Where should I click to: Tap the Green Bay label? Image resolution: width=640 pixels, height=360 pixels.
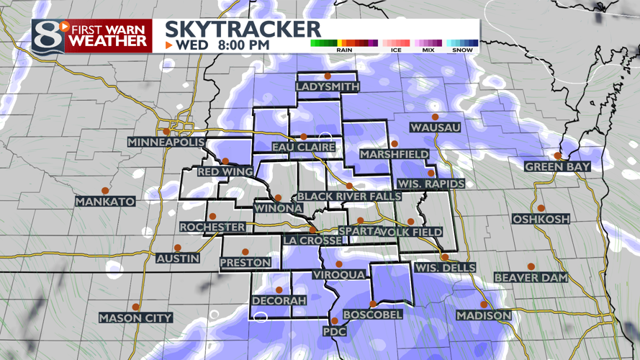click(x=557, y=166)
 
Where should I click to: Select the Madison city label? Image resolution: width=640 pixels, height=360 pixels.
click(x=484, y=315)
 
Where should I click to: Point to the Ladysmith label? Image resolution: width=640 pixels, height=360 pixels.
click(x=327, y=86)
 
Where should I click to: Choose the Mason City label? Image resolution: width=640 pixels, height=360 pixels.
click(x=135, y=318)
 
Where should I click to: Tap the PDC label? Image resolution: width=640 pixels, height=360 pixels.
click(x=334, y=331)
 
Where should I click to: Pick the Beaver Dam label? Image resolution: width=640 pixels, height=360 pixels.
click(x=531, y=277)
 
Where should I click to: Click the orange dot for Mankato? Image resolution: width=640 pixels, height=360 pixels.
click(x=105, y=190)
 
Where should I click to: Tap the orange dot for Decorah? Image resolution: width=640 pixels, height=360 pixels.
click(x=279, y=289)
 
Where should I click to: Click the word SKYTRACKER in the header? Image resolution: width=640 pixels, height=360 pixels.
click(x=243, y=29)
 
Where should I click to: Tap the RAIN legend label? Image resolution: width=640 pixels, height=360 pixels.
click(x=344, y=50)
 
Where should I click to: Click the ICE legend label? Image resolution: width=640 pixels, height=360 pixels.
click(x=396, y=50)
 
